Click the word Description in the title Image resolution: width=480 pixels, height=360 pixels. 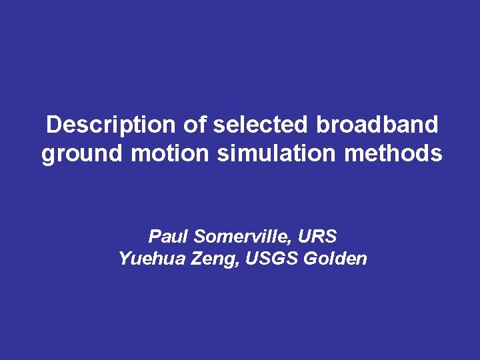(109, 124)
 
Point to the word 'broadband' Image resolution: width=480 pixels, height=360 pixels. (377, 124)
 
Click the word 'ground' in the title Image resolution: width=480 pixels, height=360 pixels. (82, 155)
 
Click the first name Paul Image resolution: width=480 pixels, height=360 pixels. (165, 236)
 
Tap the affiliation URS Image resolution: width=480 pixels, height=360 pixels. (317, 236)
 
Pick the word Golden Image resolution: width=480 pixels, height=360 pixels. (335, 259)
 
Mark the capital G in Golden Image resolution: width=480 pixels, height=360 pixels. (309, 259)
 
